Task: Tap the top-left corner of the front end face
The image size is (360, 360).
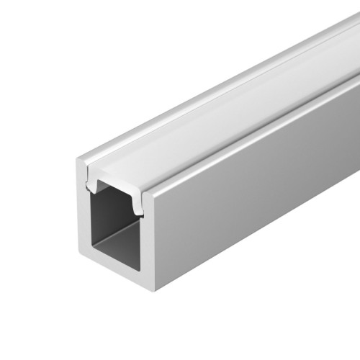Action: [x=78, y=159]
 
